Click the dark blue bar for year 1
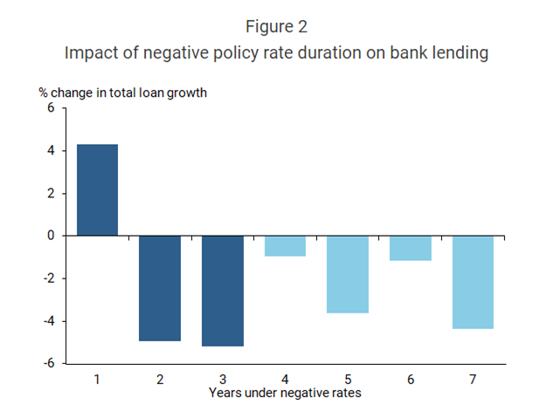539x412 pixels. click(97, 189)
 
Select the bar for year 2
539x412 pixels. click(160, 288)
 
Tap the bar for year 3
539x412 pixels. click(223, 291)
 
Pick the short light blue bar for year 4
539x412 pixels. click(285, 245)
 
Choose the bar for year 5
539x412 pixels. click(348, 274)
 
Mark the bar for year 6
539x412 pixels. click(411, 248)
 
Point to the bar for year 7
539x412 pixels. click(473, 282)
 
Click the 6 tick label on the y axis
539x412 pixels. click(51, 108)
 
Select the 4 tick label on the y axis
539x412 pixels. click(51, 151)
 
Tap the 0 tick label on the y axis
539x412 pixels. click(51, 236)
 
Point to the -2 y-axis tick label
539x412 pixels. click(48, 278)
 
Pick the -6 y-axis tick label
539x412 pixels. click(48, 363)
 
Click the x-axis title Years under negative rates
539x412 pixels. click(285, 393)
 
